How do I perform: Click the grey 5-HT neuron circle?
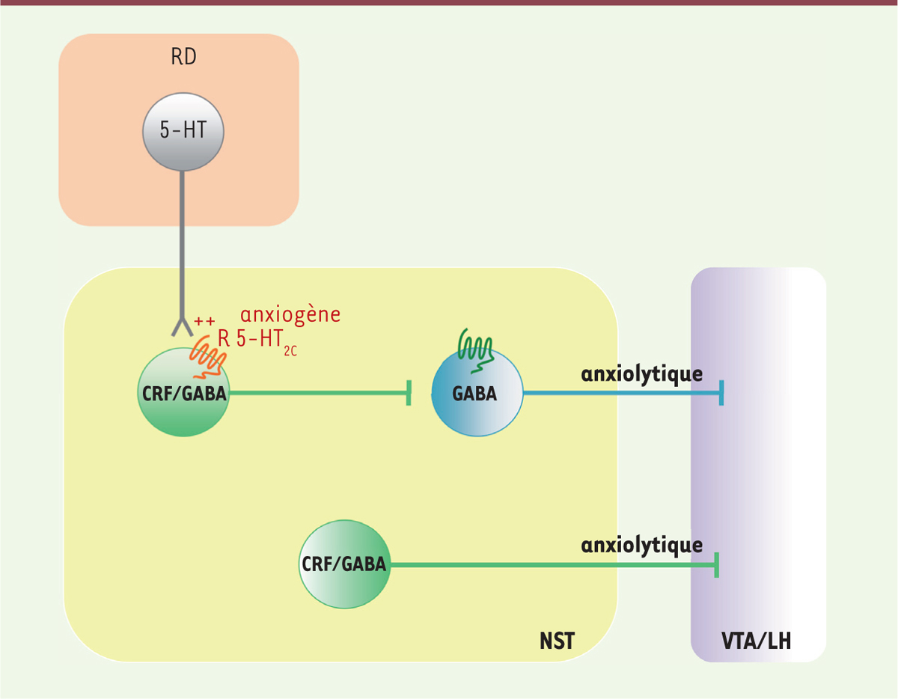tap(183, 132)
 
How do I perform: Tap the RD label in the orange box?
tap(183, 57)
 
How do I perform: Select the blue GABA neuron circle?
tap(477, 392)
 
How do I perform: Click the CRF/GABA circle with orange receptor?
tap(183, 392)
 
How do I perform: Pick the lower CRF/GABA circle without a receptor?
tap(344, 564)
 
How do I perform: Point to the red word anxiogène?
tap(290, 315)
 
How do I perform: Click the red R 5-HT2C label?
tap(257, 341)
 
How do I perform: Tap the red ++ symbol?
tap(204, 321)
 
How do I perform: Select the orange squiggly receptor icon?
tap(207, 358)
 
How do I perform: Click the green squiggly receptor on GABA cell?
tap(476, 351)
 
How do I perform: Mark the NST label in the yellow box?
tap(557, 641)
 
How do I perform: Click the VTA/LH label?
tap(756, 641)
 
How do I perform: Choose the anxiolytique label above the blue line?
tap(642, 375)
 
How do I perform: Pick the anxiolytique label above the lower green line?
tap(642, 546)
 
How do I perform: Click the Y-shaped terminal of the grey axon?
tap(183, 327)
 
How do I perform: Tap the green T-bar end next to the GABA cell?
tap(409, 393)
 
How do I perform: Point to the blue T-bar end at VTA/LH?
tap(721, 393)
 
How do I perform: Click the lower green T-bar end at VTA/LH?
tap(716, 565)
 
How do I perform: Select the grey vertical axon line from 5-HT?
tap(182, 245)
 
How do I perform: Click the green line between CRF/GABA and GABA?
tap(318, 393)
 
